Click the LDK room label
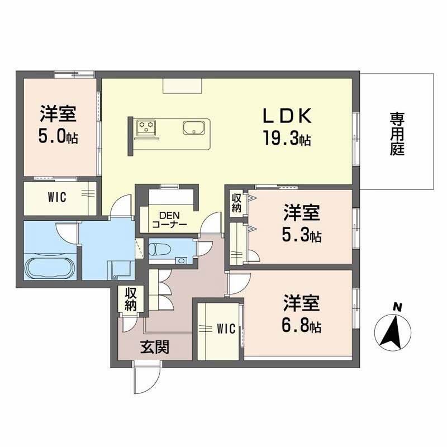pos(287,116)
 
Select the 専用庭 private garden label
pos(397,134)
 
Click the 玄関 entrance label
pos(155,348)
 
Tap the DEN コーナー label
pos(169,220)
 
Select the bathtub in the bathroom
pos(49,269)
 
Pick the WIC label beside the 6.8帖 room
pos(225,329)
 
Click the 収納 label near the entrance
pos(131,299)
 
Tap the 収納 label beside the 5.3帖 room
pos(237,202)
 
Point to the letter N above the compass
pos(397,307)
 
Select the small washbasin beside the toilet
pos(180,260)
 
